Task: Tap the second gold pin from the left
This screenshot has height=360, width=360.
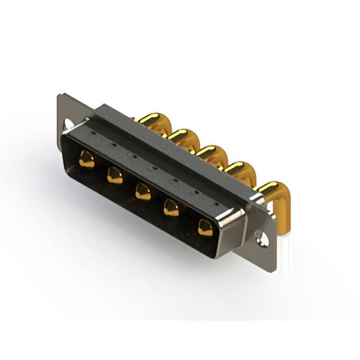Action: tap(115, 175)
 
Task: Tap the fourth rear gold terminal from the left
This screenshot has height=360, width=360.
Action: tap(238, 168)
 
